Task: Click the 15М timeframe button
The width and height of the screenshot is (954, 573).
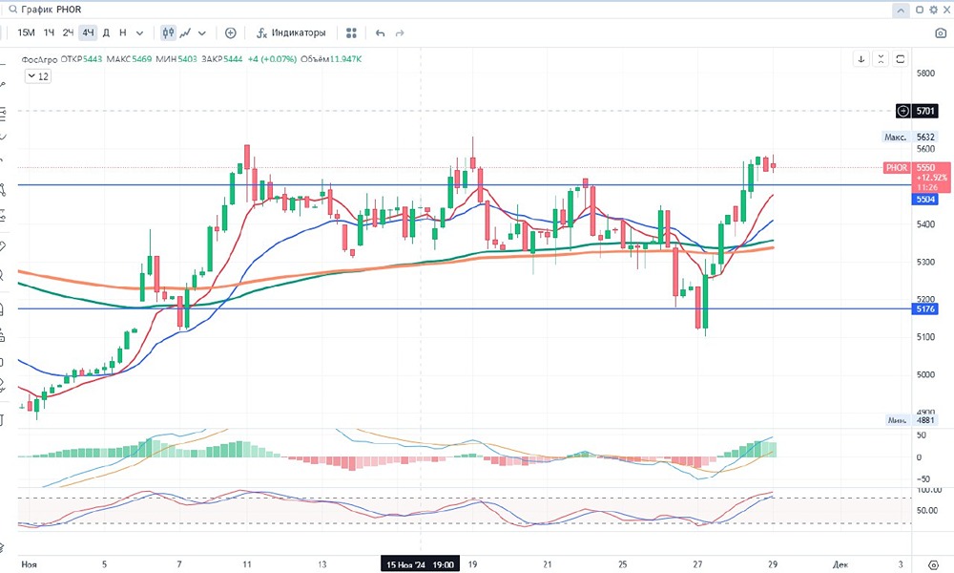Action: tap(26, 32)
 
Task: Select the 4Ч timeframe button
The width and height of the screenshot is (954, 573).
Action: tap(88, 32)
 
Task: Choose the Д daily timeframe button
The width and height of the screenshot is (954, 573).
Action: tap(106, 32)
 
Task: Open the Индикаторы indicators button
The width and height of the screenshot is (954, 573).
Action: tap(291, 32)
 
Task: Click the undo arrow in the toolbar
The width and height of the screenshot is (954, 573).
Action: tap(381, 32)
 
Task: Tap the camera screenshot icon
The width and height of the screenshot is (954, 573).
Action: tap(941, 32)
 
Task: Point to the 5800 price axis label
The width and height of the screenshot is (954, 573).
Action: tap(924, 74)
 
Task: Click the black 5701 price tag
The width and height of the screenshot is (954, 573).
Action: tap(925, 111)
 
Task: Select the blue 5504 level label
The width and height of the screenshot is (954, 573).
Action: tap(925, 200)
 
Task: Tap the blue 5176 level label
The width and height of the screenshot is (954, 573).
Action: tap(925, 308)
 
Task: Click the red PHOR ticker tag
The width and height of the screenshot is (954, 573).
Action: tap(897, 167)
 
